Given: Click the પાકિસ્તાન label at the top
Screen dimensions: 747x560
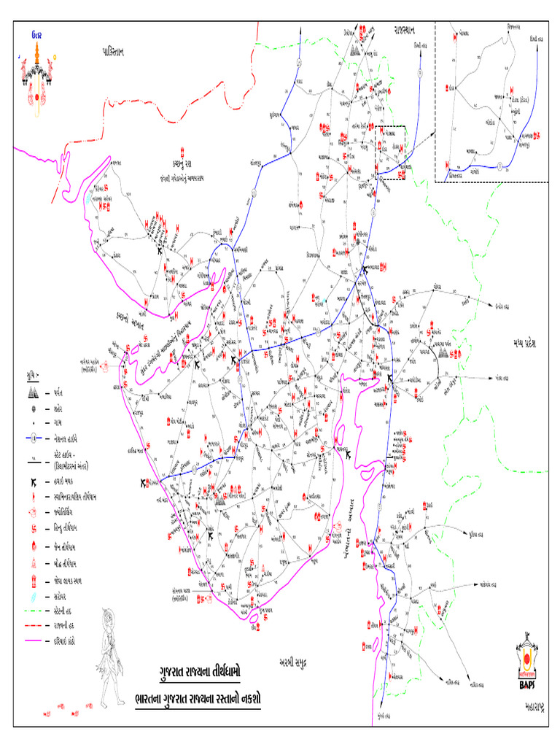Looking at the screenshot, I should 120,50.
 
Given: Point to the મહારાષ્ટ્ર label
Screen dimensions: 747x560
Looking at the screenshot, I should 536,707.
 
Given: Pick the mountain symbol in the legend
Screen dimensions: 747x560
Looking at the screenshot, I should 34,392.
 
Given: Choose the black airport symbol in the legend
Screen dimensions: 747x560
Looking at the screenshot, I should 34,483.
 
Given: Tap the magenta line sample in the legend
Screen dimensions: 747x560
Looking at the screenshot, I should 34,641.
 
